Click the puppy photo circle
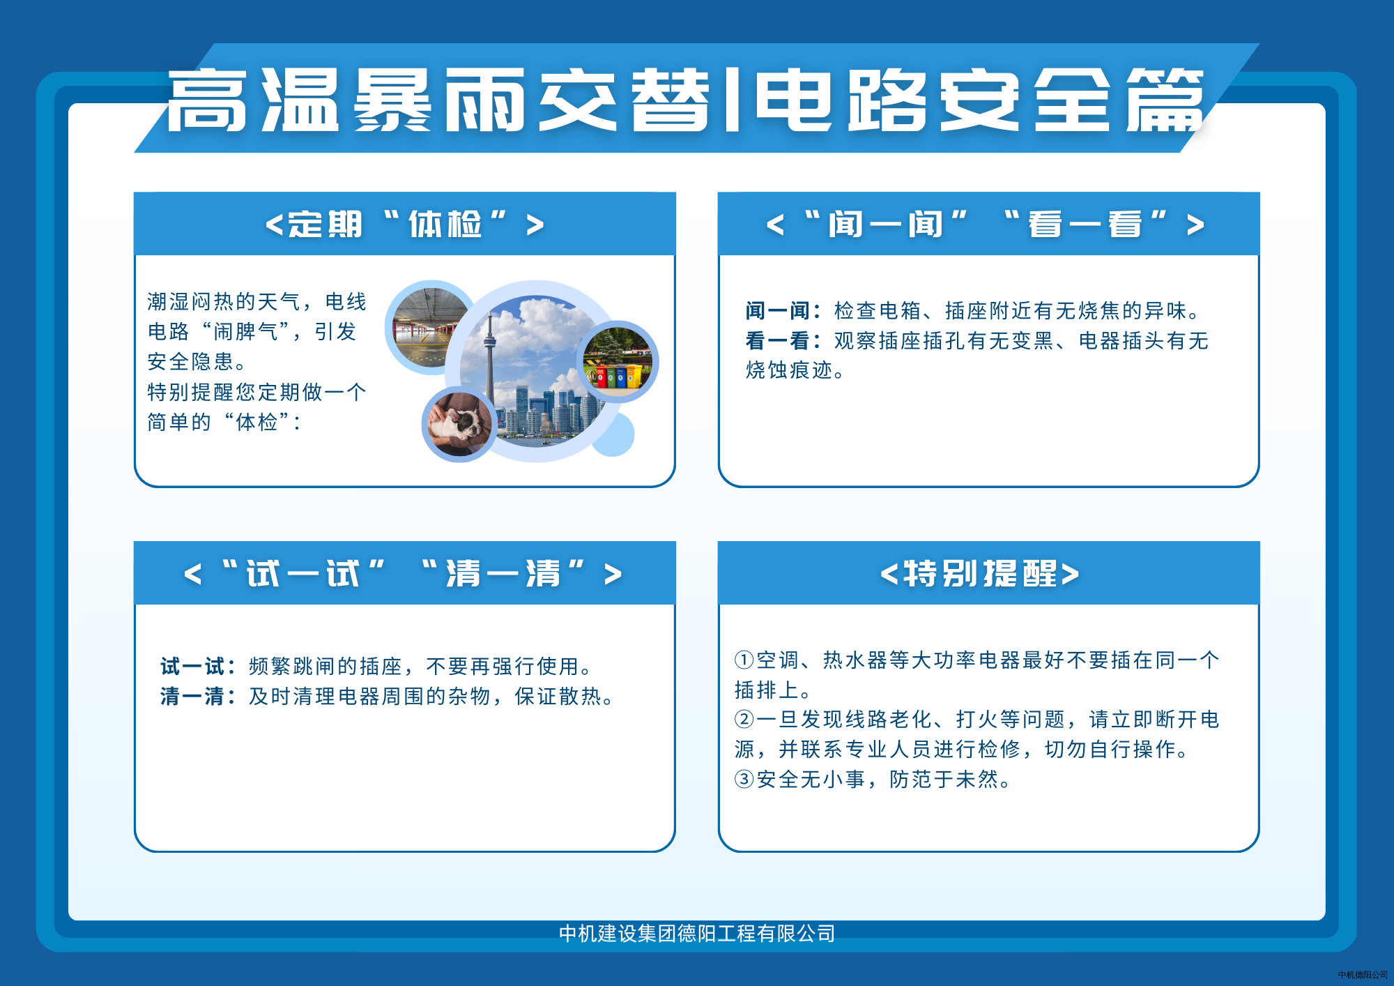pos(459,424)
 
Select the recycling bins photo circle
pos(618,361)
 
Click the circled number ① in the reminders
pos(744,660)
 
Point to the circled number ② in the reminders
pos(744,719)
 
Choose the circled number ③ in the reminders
pos(744,779)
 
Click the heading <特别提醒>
pos(980,574)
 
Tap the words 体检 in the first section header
pos(445,225)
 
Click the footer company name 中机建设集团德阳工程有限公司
pos(697,933)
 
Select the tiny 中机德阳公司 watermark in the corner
pos(1363,975)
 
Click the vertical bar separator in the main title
pos(732,100)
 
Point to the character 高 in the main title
pos(207,100)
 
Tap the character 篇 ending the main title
pos(1165,100)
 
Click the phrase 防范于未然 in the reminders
pos(944,779)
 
